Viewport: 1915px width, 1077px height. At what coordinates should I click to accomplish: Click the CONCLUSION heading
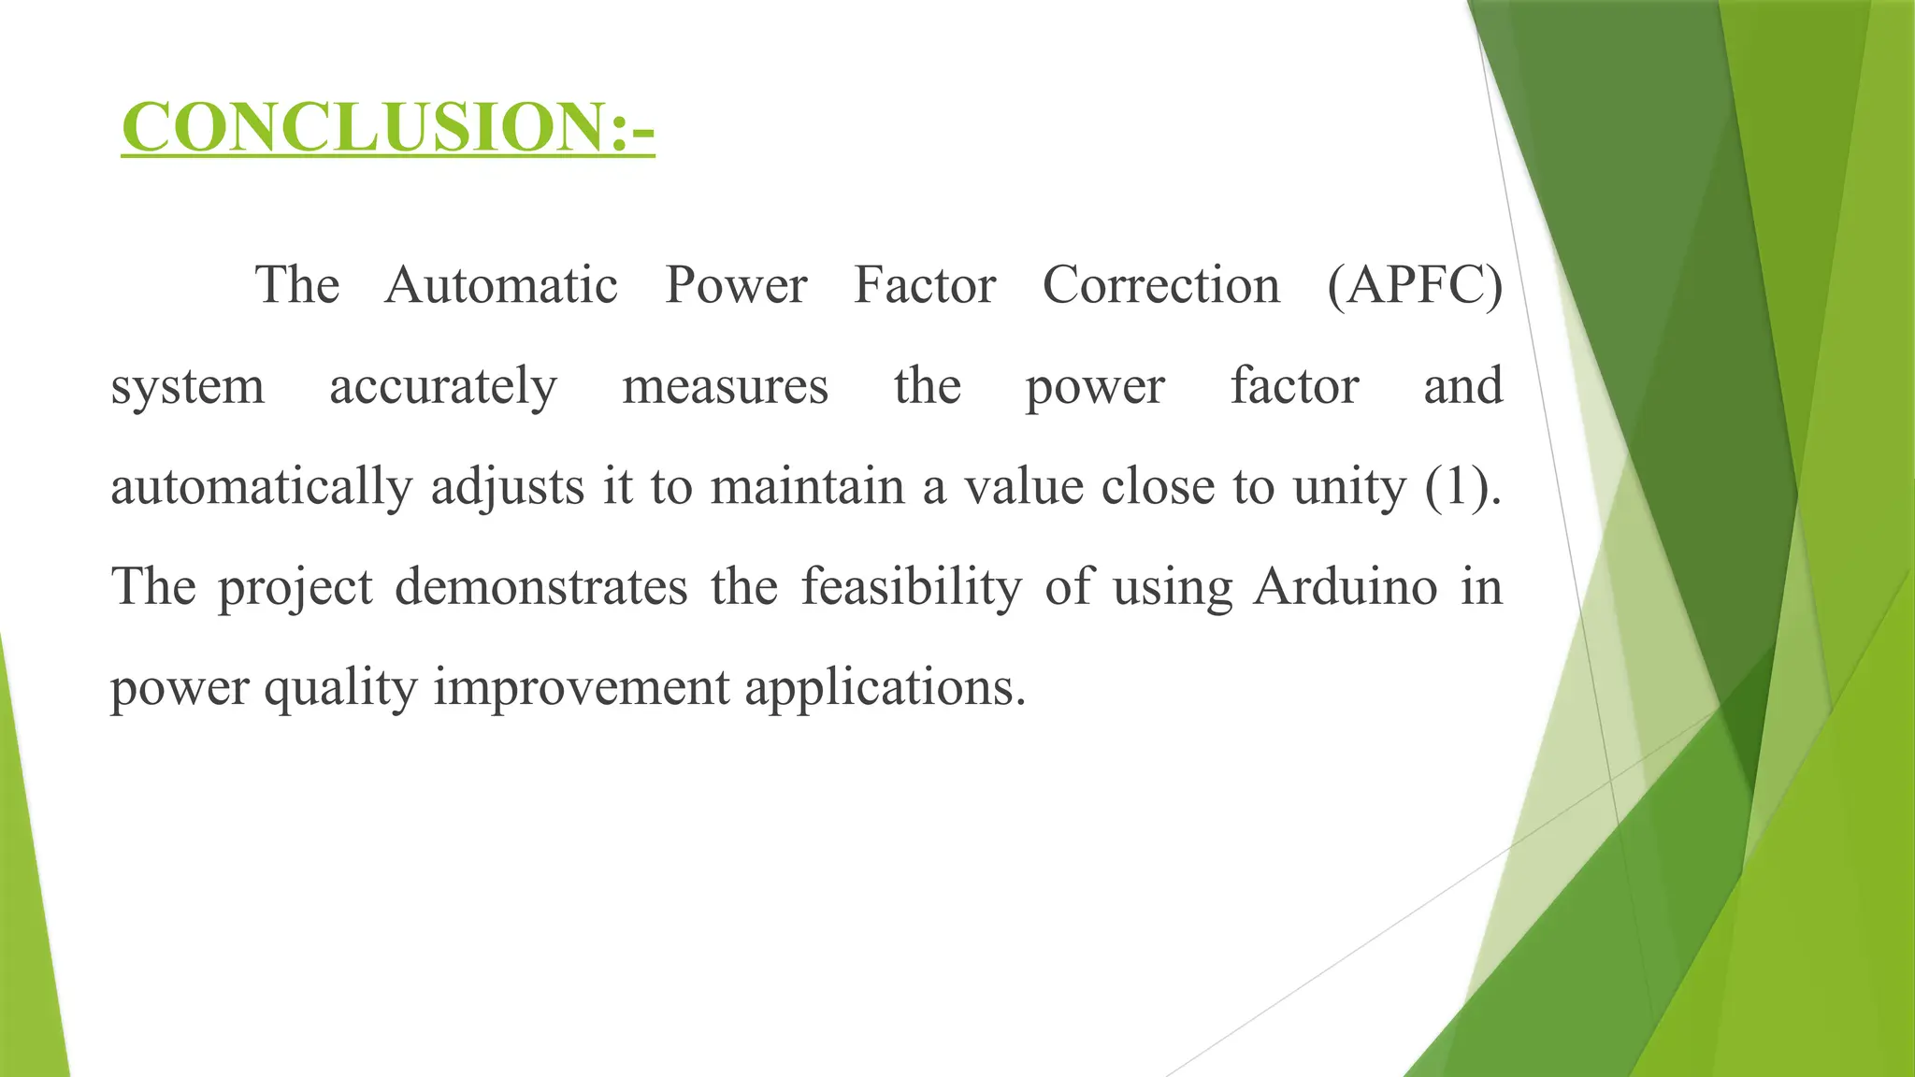pyautogui.click(x=387, y=127)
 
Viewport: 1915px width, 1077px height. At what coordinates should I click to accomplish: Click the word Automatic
pyautogui.click(x=501, y=285)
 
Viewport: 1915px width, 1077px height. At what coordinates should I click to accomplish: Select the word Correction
pyautogui.click(x=1160, y=285)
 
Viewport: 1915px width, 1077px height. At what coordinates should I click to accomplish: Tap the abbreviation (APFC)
pyautogui.click(x=1415, y=285)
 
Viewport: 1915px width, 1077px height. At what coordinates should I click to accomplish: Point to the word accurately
pyautogui.click(x=443, y=387)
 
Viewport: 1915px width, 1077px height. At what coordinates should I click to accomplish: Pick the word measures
pyautogui.click(x=725, y=387)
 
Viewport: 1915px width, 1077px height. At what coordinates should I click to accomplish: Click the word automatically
pyautogui.click(x=262, y=487)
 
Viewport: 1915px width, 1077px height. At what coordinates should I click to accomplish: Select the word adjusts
pyautogui.click(x=508, y=487)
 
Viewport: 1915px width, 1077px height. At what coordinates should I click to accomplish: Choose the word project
pyautogui.click(x=295, y=588)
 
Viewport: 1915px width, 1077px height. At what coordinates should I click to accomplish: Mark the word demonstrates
pyautogui.click(x=541, y=587)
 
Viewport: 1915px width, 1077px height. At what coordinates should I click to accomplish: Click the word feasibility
pyautogui.click(x=912, y=587)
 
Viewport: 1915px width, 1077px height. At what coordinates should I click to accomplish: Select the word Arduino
pyautogui.click(x=1345, y=587)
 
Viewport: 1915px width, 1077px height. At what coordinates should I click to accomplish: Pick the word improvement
pyautogui.click(x=581, y=689)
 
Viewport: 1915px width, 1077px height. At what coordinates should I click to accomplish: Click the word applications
pyautogui.click(x=885, y=689)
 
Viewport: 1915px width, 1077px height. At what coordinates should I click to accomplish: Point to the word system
pyautogui.click(x=188, y=387)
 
